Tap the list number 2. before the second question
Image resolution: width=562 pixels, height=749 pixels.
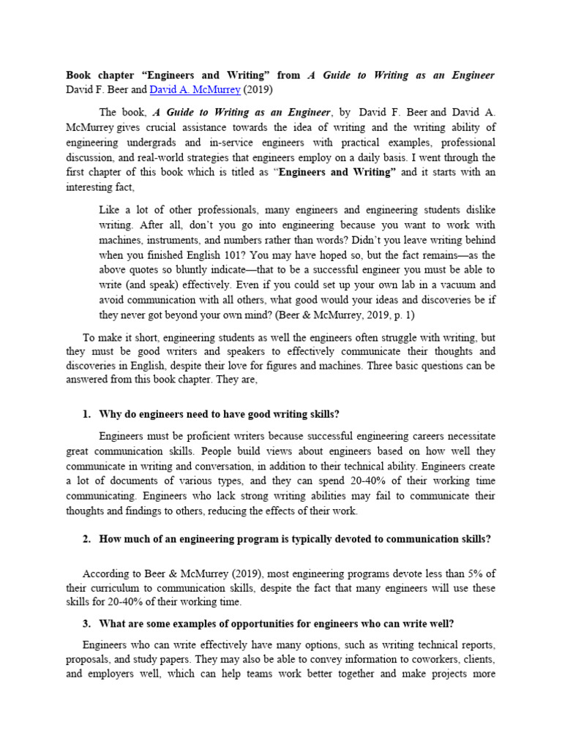86,539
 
